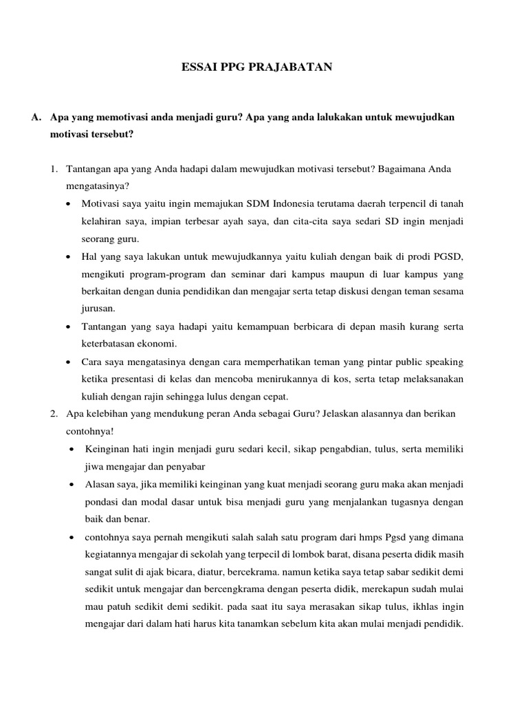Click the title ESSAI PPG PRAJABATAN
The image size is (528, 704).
(x=256, y=67)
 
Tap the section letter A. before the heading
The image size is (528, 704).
(x=36, y=118)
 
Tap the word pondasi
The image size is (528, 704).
(x=101, y=502)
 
